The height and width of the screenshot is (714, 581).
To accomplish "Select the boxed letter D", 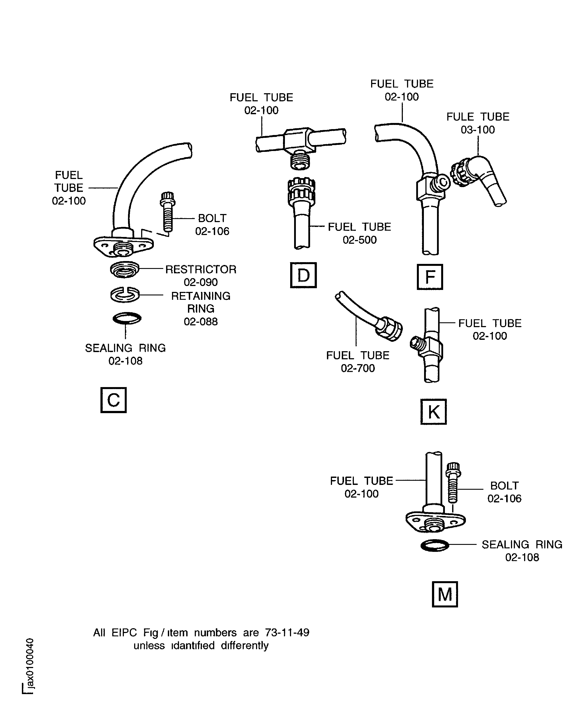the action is [x=303, y=275].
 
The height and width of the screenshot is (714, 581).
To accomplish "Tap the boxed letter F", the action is [x=430, y=277].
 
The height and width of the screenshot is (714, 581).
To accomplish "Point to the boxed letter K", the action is [x=434, y=412].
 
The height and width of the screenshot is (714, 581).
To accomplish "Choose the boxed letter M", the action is [x=445, y=594].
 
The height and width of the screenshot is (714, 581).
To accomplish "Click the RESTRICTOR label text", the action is [x=201, y=269].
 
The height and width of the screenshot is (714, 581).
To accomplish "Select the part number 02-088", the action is [x=201, y=321].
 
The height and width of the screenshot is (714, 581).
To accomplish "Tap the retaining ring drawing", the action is [x=125, y=295].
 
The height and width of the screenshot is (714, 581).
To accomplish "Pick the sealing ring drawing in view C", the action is [x=127, y=318].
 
